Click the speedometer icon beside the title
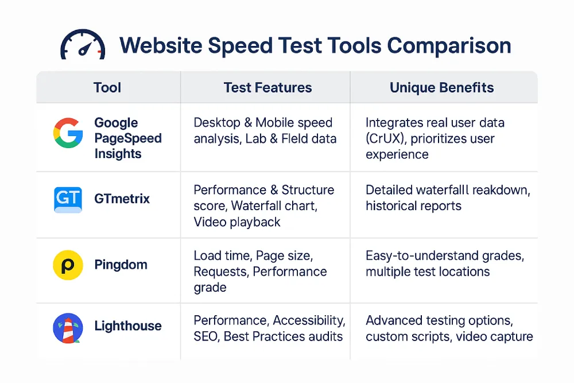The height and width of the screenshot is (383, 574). pos(83,44)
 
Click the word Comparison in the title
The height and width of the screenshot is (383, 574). pos(449,46)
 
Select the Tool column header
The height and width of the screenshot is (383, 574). pos(107,87)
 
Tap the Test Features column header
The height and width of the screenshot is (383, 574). pos(267,87)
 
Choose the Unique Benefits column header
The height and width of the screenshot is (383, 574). pos(441,87)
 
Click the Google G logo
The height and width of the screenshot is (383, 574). pos(68,133)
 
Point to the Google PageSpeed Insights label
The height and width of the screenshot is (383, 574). pos(128,138)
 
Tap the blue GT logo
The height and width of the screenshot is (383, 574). pos(68,200)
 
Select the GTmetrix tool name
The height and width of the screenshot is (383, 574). pos(122,199)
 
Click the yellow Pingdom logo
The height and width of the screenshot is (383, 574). pos(68,265)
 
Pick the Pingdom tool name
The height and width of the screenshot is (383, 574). pos(121,264)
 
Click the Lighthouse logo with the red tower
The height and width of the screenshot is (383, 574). pos(68,328)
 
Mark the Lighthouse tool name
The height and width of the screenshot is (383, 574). pos(128,326)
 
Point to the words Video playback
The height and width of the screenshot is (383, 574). pos(237,222)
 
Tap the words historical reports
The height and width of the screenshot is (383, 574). pos(413,206)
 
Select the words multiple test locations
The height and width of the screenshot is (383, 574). pos(428,272)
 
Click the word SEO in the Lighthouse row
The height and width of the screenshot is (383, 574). pos(205,336)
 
